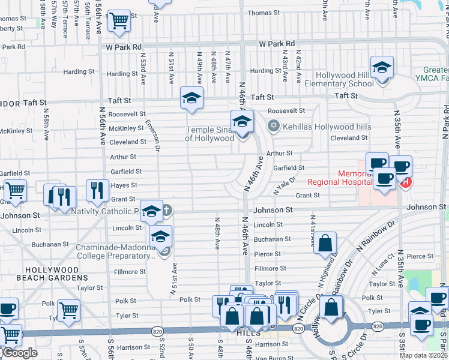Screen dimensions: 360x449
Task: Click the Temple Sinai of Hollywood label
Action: coord(209,134)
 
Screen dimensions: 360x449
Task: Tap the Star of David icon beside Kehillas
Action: coord(274,126)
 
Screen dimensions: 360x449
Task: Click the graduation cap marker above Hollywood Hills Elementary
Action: coord(381,68)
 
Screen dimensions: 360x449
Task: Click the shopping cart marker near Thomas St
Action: coord(118,20)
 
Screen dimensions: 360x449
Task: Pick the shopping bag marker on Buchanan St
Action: coord(325,243)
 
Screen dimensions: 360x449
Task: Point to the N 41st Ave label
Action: coord(312,231)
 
